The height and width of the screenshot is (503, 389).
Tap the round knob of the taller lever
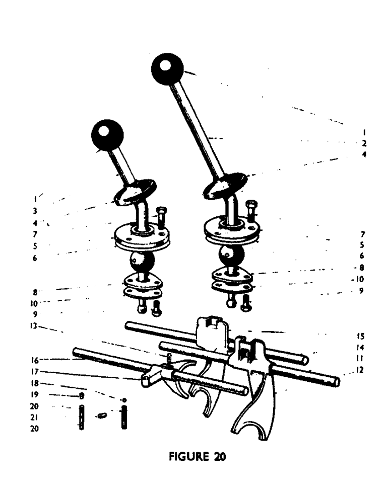coord(169,70)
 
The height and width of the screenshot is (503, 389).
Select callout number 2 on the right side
coord(364,143)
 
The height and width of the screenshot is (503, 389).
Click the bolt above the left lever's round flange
coord(161,217)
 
